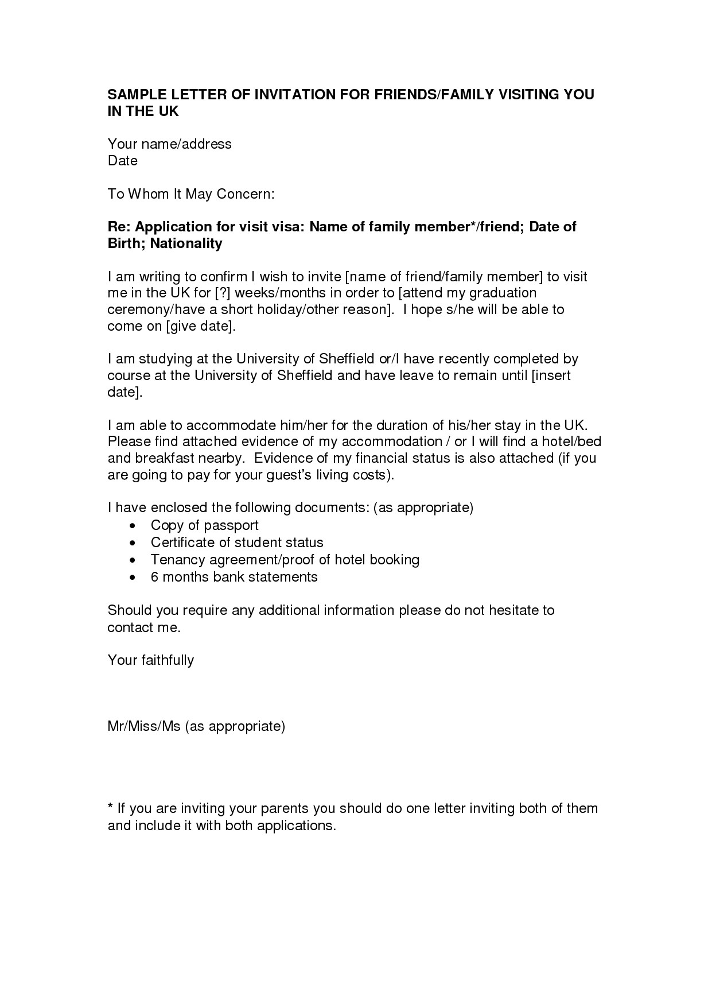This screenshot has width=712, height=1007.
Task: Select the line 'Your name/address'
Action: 170,144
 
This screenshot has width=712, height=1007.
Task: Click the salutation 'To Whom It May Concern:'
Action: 192,194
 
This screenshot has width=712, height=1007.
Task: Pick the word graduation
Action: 503,293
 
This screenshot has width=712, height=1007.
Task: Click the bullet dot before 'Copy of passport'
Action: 133,526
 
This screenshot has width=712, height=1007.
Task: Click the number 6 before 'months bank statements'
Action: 154,577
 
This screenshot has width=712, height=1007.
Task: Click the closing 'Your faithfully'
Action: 151,660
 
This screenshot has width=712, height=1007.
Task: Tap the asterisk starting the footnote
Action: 110,807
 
